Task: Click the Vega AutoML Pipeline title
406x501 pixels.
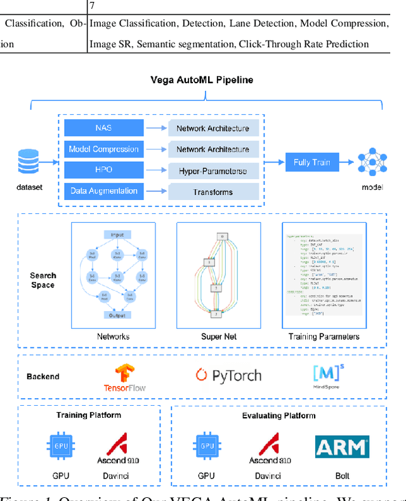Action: (x=201, y=80)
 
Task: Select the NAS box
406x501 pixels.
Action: (x=103, y=128)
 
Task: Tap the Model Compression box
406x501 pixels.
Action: (x=103, y=149)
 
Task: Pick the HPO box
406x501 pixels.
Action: (x=103, y=170)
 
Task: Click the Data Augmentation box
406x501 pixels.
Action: (x=103, y=191)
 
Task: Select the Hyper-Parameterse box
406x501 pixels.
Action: (x=213, y=171)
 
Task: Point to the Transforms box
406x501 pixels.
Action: (x=213, y=192)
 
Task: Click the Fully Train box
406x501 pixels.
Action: (x=311, y=162)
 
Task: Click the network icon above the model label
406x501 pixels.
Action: (x=372, y=163)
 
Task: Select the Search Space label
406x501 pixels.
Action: (x=43, y=280)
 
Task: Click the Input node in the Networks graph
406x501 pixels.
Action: (x=117, y=234)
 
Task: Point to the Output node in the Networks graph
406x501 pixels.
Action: (x=117, y=315)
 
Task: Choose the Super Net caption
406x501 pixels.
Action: (x=219, y=337)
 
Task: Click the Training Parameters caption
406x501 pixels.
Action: (x=324, y=337)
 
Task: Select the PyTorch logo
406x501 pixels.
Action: (x=228, y=375)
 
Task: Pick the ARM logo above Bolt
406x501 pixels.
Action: (x=342, y=447)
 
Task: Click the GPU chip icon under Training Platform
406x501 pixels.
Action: (x=61, y=447)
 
